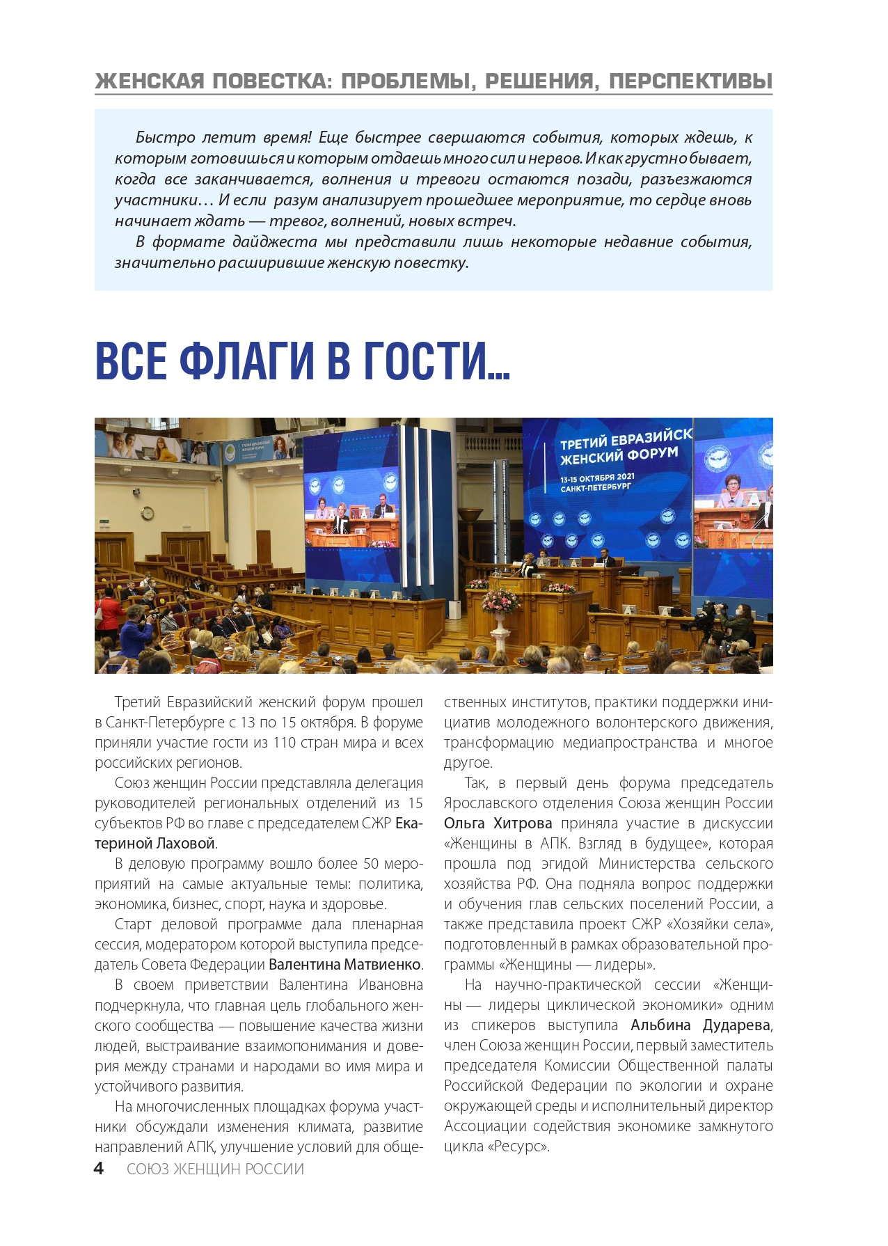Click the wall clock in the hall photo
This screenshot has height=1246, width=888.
(x=148, y=513)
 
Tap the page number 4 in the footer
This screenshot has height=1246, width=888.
(x=99, y=1168)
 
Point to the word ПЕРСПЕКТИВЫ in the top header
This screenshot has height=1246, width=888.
(x=690, y=81)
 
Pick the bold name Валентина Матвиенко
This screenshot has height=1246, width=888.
(x=344, y=965)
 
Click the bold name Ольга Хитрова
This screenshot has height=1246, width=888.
(x=498, y=823)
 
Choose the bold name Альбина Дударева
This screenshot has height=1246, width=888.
(x=701, y=1025)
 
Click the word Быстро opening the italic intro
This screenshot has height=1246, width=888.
(x=165, y=137)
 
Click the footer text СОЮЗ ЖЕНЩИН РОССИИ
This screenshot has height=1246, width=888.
(x=215, y=1169)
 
